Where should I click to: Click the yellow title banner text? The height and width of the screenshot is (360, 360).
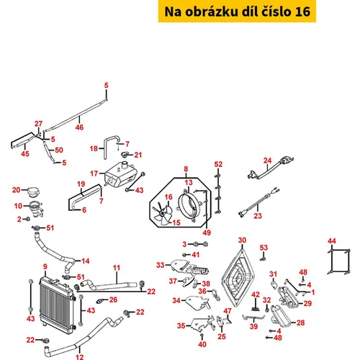237,12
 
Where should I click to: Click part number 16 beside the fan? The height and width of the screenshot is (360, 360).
168,197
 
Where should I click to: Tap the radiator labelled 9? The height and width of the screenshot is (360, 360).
57,305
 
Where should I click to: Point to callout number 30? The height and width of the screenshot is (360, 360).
242,240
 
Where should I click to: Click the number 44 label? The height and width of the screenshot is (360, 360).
332,241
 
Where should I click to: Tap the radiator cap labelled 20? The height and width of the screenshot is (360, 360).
33,192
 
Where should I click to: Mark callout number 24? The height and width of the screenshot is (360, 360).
267,161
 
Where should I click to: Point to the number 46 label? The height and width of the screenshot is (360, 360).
79,127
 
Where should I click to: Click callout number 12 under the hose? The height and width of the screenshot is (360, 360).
80,357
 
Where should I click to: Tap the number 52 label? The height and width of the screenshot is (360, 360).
218,164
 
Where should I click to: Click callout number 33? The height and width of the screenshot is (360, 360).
161,265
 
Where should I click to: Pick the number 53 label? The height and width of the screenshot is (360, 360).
264,248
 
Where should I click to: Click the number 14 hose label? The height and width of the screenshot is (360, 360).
86,261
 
